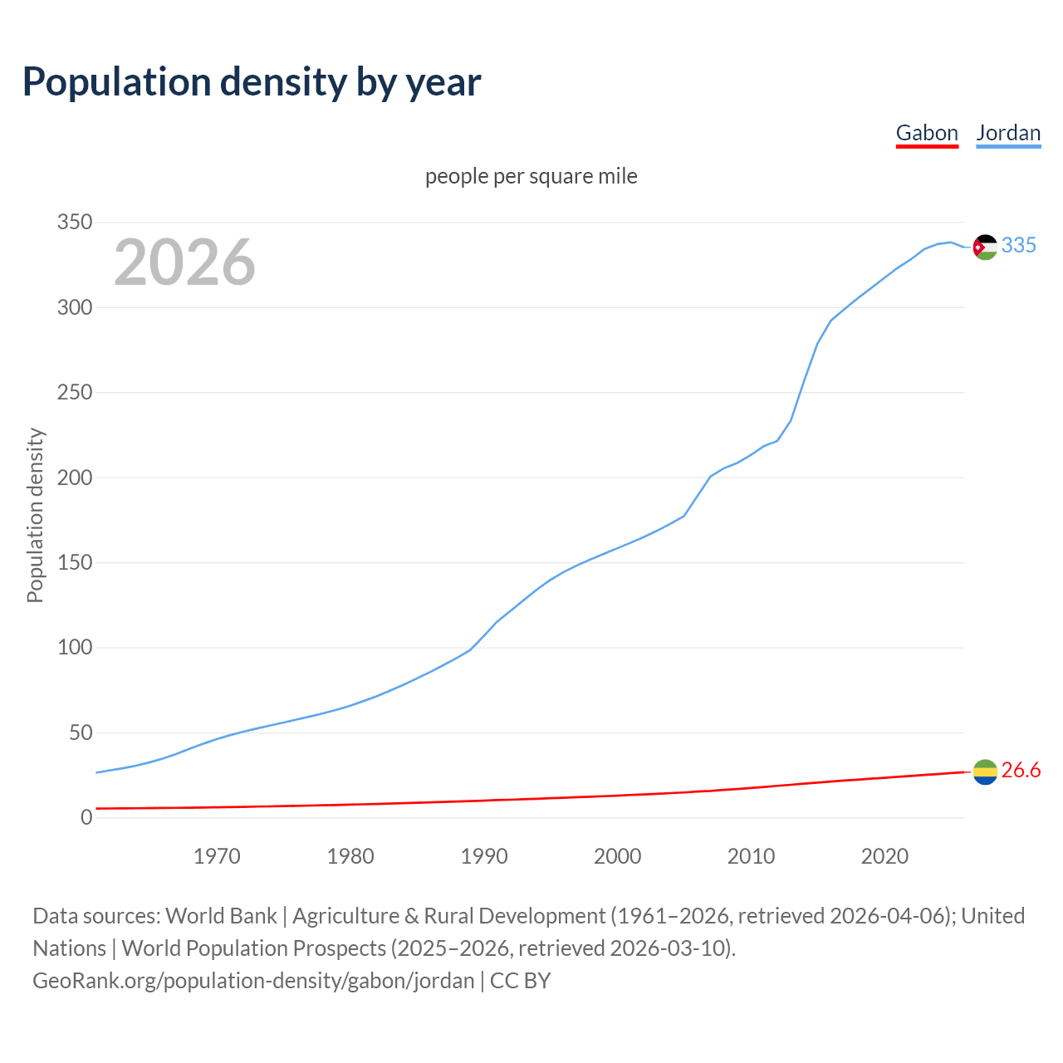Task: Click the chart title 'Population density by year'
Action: pos(252,82)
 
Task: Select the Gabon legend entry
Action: pos(927,134)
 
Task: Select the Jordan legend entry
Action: pos(1008,134)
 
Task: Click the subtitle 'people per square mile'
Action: pos(531,177)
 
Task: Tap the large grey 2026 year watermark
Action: pos(184,262)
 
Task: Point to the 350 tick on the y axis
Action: pos(74,223)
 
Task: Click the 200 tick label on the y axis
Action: pos(74,478)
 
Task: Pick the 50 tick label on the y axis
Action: pos(80,732)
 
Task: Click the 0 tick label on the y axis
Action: pos(86,818)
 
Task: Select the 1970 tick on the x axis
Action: pos(217,856)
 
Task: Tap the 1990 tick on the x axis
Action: pos(484,856)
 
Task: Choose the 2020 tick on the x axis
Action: pos(884,856)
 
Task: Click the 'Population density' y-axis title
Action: pos(35,515)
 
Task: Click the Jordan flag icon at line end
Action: pos(985,247)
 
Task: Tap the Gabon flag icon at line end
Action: pos(985,772)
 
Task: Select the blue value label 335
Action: pos(1019,246)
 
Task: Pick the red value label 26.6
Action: pos(1021,771)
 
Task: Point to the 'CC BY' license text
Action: pos(521,981)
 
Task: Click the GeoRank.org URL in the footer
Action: pos(253,981)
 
